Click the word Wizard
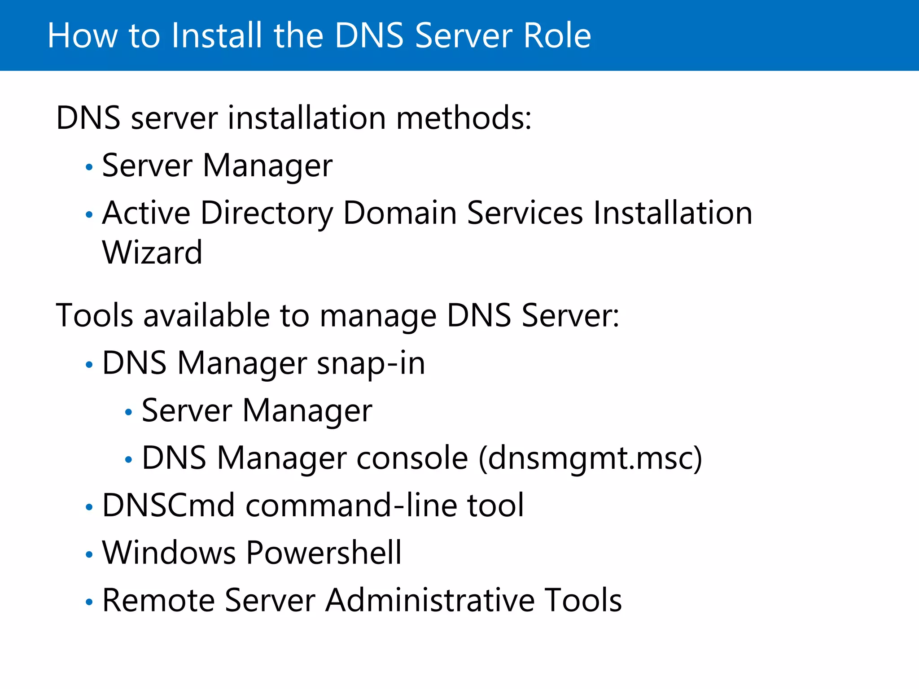click(152, 253)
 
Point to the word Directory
click(267, 213)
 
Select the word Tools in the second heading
click(95, 315)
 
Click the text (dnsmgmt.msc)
click(590, 458)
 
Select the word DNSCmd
click(168, 506)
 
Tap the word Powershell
click(324, 553)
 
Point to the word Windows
click(169, 553)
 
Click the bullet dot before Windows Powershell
click(89, 555)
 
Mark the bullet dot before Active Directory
click(89, 215)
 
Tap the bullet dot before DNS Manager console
click(129, 460)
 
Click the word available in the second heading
click(206, 315)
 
